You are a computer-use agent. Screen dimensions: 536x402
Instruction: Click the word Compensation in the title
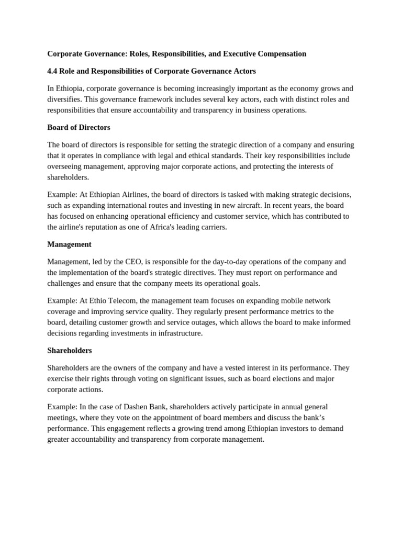(x=280, y=53)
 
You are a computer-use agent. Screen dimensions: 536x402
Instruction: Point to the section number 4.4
(x=53, y=71)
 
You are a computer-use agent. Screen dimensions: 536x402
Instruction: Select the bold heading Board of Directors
(x=79, y=127)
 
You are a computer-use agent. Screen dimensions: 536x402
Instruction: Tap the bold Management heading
(x=69, y=244)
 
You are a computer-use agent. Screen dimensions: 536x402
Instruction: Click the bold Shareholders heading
(x=70, y=350)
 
